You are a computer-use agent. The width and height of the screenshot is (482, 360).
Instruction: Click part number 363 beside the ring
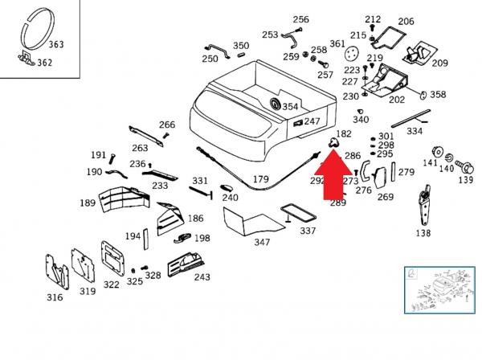click(x=56, y=44)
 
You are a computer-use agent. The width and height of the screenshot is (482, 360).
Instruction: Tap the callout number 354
click(x=290, y=107)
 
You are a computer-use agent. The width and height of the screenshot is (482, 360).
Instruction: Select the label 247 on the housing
click(x=312, y=121)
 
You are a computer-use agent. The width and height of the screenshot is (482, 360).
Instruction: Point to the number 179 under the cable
click(x=260, y=179)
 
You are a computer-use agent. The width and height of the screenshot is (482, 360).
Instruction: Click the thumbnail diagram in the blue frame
click(x=439, y=290)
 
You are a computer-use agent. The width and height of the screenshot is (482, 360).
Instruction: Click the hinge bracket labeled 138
click(x=424, y=206)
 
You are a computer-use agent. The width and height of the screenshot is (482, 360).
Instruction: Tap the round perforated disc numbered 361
click(x=351, y=54)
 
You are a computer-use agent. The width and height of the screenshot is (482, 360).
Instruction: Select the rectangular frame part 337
click(x=298, y=212)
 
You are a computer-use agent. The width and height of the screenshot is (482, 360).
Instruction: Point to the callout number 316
click(x=55, y=297)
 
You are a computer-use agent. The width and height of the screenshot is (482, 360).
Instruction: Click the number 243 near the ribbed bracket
click(x=202, y=277)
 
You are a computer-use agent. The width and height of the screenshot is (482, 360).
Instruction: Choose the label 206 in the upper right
click(x=406, y=21)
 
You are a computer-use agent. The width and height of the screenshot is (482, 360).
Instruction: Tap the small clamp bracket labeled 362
click(x=27, y=59)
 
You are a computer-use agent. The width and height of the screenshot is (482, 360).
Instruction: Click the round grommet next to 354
click(x=275, y=104)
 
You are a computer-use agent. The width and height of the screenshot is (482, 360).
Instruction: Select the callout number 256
click(x=300, y=19)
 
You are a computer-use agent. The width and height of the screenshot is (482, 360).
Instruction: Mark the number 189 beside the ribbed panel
click(x=88, y=203)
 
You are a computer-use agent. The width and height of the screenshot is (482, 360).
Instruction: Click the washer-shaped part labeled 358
click(x=423, y=96)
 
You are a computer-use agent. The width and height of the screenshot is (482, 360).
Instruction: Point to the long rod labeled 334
click(x=411, y=118)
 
